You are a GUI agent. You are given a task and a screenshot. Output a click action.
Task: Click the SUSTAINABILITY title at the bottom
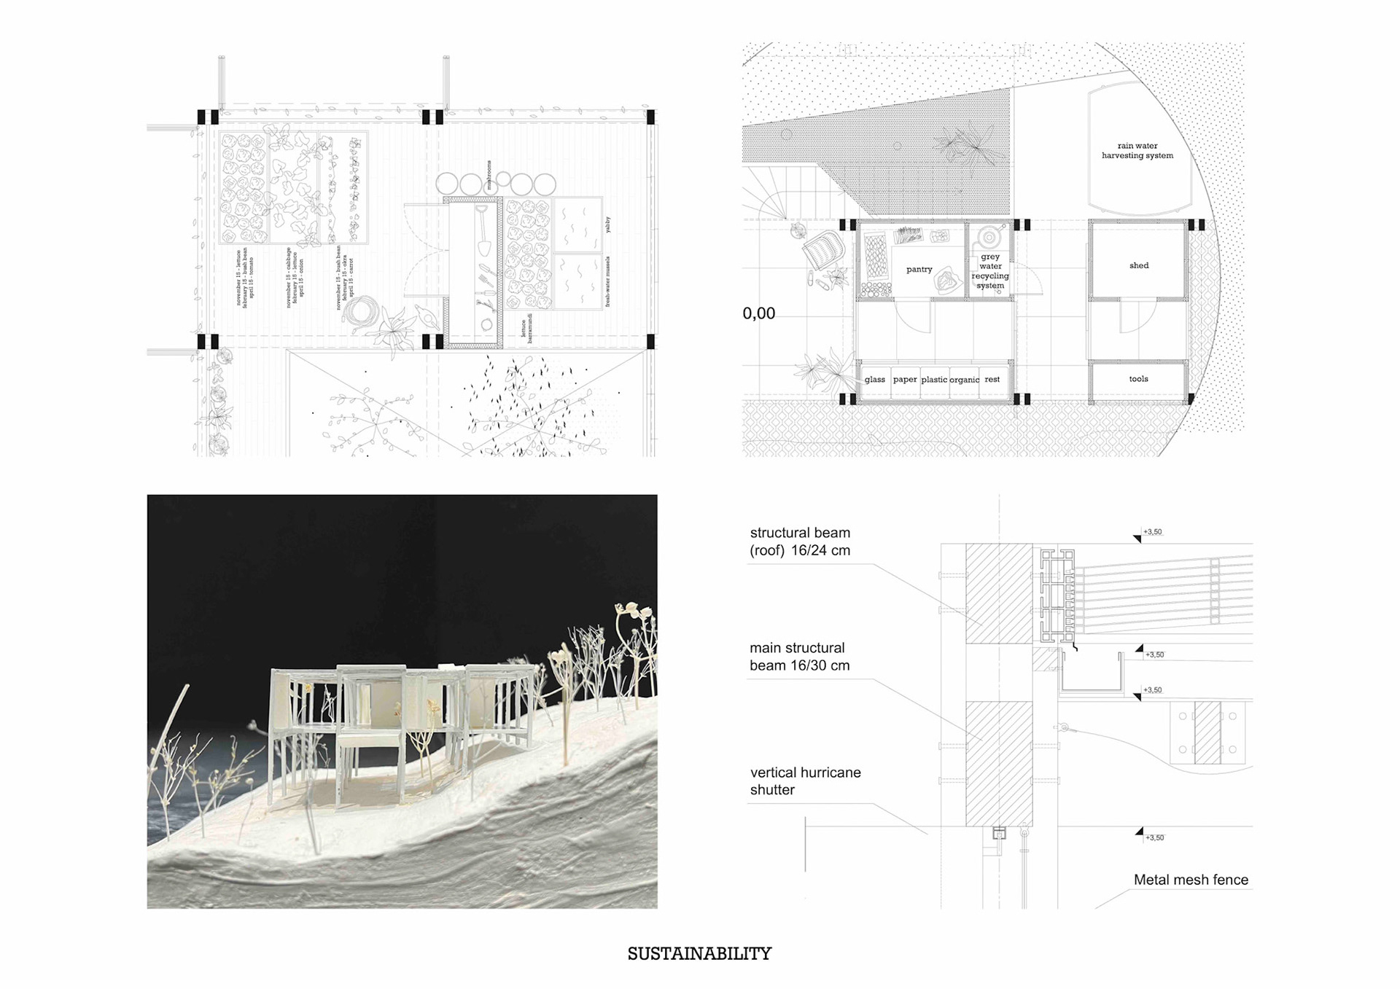coord(699,953)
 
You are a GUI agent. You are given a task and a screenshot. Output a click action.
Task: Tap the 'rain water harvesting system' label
coord(1137,151)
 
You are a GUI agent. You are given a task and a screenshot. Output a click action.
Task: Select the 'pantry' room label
coord(919,270)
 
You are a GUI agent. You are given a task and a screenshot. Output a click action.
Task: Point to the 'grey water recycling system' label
coord(990,271)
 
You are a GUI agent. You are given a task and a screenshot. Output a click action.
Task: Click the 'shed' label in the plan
coord(1139,266)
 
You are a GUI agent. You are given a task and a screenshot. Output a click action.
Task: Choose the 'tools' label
coord(1138,379)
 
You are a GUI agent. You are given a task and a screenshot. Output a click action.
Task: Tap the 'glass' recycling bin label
coord(874,380)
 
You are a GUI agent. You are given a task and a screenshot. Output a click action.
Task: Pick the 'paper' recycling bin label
coord(905,380)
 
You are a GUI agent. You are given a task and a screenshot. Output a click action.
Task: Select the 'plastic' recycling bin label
coord(934,380)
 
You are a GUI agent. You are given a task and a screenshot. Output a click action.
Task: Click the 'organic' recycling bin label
coord(964,380)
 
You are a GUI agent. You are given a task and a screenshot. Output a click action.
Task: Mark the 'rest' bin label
coord(992,380)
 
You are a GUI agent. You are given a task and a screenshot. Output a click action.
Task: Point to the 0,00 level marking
coord(758,313)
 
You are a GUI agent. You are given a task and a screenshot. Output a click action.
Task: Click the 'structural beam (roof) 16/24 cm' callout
coord(800,542)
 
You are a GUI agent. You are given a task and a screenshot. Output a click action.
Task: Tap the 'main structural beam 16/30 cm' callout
coord(799,657)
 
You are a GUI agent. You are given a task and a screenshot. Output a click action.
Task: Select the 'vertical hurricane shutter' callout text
coord(805,781)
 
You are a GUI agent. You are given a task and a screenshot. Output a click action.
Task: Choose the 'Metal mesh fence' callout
coord(1191,880)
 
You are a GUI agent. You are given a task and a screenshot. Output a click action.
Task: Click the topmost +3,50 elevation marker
coord(1152,532)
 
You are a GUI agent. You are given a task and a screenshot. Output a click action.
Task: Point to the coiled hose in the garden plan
coord(359,313)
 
